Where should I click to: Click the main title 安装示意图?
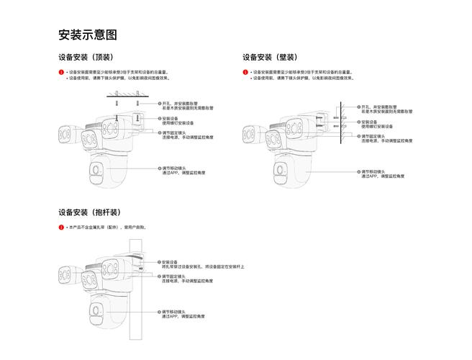click(x=87, y=35)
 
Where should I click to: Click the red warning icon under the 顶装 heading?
click(x=61, y=73)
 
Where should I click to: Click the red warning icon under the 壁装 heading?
click(x=245, y=73)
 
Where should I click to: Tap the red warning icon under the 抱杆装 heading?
click(x=61, y=228)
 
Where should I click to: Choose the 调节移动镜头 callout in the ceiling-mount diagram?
click(x=183, y=171)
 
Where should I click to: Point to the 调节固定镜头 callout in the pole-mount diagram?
click(x=183, y=278)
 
